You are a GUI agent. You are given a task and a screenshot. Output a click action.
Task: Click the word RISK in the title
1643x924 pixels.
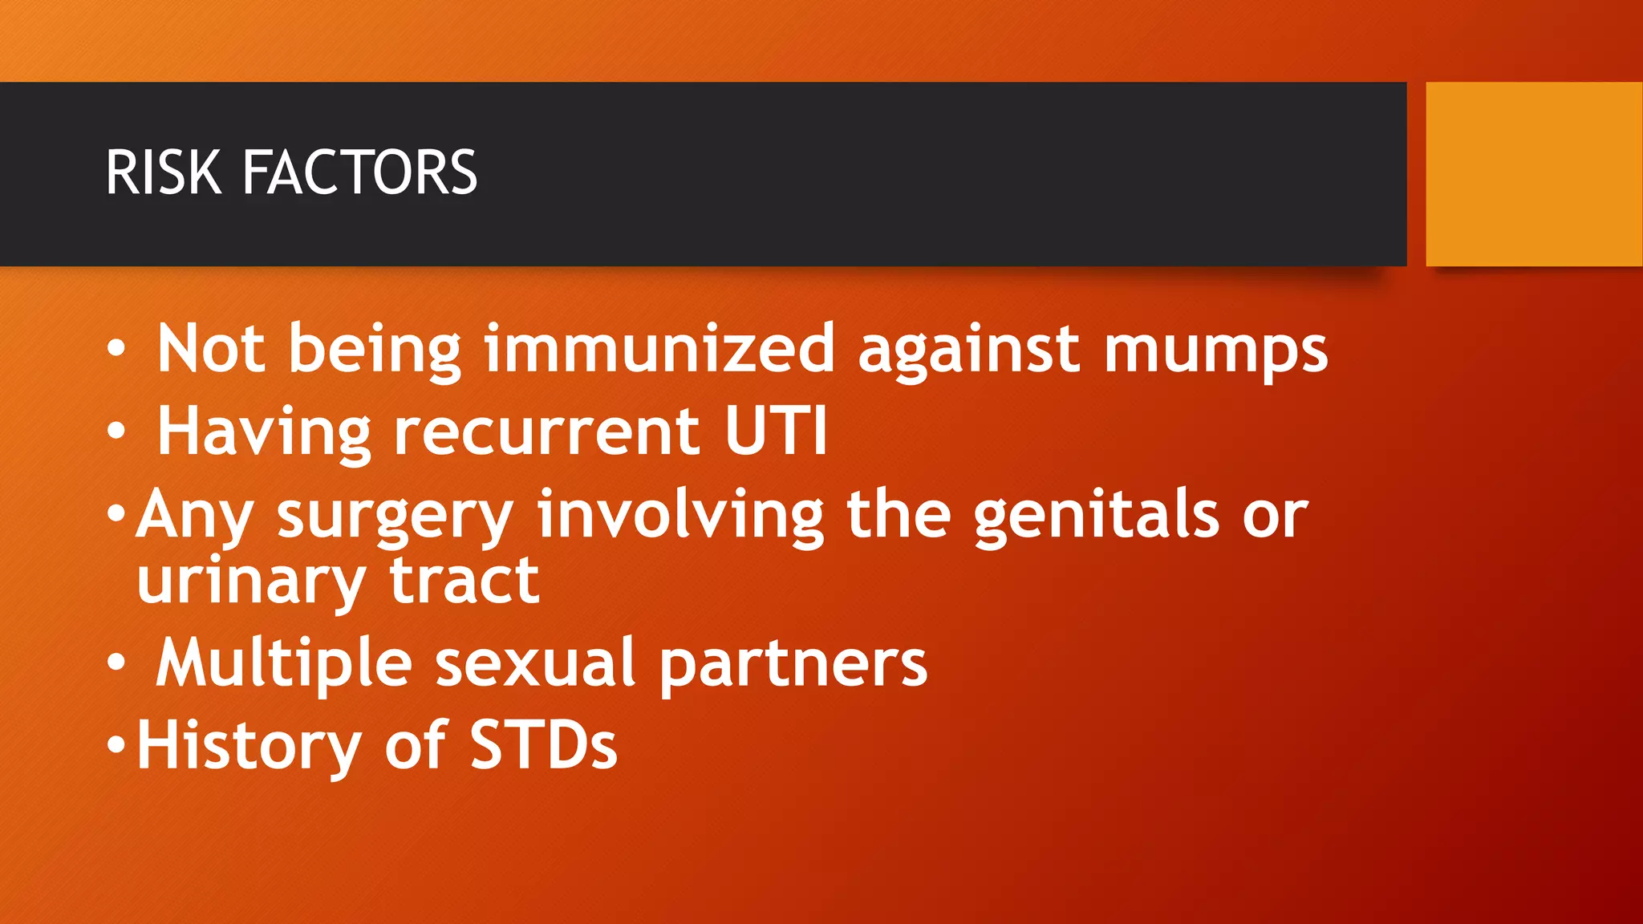[x=164, y=172]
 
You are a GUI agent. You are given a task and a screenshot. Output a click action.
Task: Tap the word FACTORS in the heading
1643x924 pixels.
[x=359, y=172]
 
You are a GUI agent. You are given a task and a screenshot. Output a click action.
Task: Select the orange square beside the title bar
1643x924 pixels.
[x=1534, y=174]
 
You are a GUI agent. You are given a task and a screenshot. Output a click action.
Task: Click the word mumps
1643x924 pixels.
[x=1215, y=350]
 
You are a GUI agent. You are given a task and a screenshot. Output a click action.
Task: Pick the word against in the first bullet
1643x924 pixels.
[x=969, y=350]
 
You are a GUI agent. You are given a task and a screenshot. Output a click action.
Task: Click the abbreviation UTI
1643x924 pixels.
[x=775, y=431]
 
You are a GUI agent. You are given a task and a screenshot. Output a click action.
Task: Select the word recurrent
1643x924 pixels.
[x=546, y=432]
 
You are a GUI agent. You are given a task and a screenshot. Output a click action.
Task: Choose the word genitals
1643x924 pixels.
[x=1097, y=516]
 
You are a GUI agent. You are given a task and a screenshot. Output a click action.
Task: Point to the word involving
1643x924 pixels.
[x=680, y=516]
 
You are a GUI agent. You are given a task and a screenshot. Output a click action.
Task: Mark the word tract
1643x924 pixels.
[x=465, y=582]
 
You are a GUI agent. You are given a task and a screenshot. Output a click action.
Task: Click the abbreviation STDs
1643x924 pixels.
[x=543, y=745]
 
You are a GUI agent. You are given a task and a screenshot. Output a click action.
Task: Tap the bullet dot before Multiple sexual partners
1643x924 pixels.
[x=117, y=663]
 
